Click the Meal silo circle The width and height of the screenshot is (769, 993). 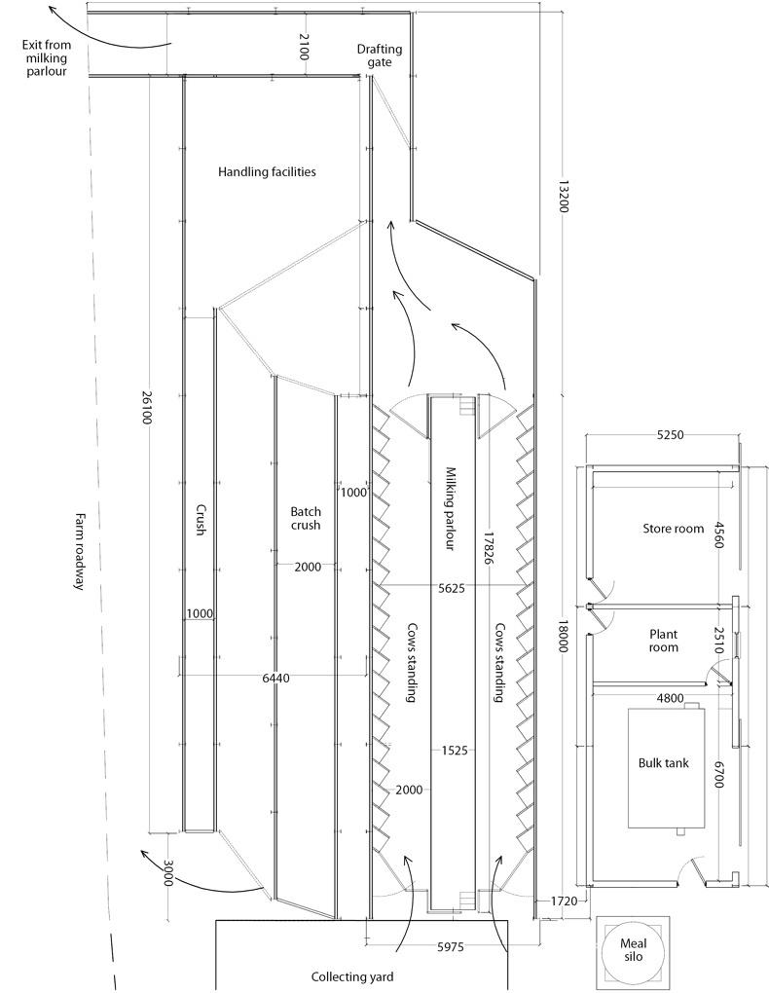pos(633,950)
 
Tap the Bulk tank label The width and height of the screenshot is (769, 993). pos(663,763)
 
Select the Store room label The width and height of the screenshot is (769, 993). pos(673,529)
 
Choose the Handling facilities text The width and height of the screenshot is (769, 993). pos(267,171)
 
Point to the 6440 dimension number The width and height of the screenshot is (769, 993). pos(276,677)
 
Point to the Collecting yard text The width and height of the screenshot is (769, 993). pos(353,976)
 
